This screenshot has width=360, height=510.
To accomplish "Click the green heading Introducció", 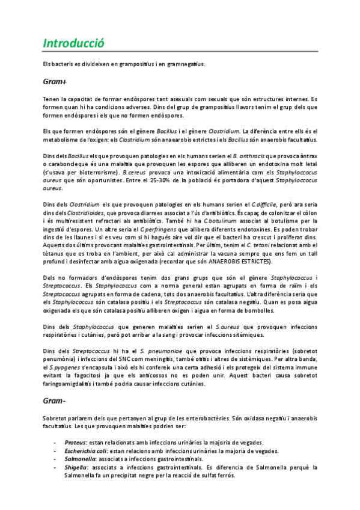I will (74, 43).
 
